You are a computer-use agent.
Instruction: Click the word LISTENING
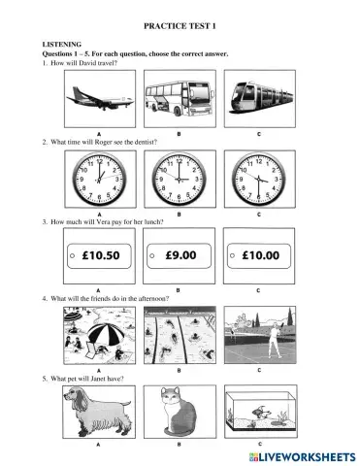(x=60, y=45)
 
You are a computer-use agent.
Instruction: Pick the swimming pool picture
(x=180, y=334)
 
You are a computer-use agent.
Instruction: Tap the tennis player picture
(x=262, y=334)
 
